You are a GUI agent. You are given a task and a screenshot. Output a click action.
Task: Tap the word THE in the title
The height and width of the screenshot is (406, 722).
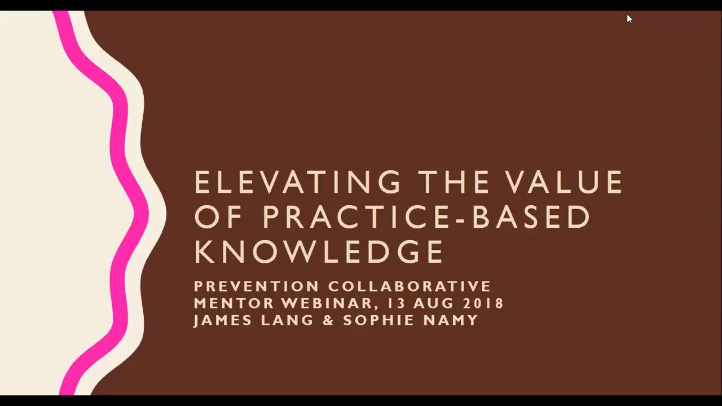[454, 183]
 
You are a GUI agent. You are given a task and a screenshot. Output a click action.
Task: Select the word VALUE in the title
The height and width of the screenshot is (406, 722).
[564, 183]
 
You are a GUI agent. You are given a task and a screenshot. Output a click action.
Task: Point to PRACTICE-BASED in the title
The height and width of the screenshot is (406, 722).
[426, 217]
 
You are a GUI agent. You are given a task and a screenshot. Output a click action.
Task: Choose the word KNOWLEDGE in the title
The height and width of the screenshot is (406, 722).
[319, 251]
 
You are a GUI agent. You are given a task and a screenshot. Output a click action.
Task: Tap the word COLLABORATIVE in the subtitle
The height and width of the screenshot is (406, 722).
[410, 286]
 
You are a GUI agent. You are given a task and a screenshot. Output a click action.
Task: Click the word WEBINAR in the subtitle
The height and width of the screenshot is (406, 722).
[329, 303]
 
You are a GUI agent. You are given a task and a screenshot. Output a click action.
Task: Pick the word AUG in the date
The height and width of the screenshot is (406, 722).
[433, 303]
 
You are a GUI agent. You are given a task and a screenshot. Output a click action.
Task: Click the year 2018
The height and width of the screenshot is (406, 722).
[483, 303]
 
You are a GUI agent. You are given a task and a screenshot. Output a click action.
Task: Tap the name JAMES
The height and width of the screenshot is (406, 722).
[222, 320]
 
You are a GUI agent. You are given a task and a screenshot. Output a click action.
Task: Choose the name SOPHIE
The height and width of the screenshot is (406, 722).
[375, 320]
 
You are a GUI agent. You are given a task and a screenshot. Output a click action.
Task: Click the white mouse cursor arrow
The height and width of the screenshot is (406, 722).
[629, 19]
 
